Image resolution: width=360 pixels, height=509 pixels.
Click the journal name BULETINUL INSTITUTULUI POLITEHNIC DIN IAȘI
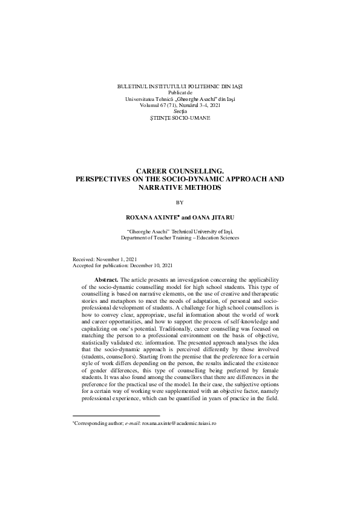coord(180,87)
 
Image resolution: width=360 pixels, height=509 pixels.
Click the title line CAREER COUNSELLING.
coord(180,172)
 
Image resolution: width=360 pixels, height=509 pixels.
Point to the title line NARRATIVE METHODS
coord(180,187)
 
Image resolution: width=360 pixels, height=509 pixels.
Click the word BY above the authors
coord(180,203)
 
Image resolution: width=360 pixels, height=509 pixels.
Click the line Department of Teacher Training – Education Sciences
coord(180,238)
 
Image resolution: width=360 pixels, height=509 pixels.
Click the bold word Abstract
coord(106,279)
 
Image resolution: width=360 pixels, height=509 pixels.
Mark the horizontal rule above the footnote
coord(116,416)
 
